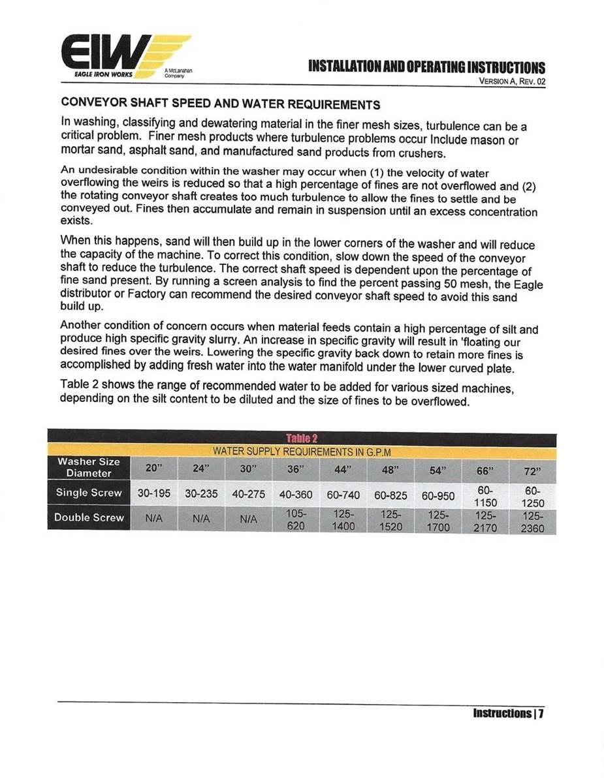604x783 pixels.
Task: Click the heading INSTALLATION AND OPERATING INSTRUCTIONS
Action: coord(426,68)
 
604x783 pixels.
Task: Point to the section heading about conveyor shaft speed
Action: coord(220,104)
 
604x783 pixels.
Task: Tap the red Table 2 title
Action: coord(302,438)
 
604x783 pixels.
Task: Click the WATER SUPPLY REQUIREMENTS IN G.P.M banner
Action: coord(302,452)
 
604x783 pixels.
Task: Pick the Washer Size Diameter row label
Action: coord(89,467)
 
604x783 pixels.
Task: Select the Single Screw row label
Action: coord(89,493)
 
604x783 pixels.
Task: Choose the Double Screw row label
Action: coord(89,517)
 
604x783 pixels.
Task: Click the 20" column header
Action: coord(153,468)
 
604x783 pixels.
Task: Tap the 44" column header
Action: coord(343,468)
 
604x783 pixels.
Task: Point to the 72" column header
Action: coord(533,470)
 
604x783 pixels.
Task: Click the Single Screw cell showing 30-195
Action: coord(153,494)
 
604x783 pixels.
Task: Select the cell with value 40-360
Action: coord(296,494)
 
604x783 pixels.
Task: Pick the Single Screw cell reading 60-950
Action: coord(438,495)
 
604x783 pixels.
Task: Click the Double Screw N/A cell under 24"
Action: coord(200,519)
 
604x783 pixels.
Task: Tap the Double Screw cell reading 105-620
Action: coord(296,519)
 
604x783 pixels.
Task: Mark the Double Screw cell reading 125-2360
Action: coord(533,522)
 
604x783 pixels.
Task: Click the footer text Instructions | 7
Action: coord(509,713)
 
